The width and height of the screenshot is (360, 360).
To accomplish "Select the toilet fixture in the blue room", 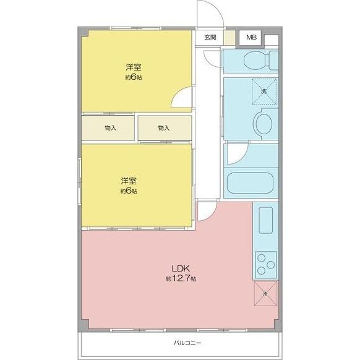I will pyautogui.click(x=254, y=61).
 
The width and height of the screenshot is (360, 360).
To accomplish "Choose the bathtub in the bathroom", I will pyautogui.click(x=252, y=183).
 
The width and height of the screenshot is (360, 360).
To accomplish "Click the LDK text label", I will pyautogui.click(x=180, y=268).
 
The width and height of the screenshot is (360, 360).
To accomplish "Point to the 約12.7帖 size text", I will pyautogui.click(x=180, y=280).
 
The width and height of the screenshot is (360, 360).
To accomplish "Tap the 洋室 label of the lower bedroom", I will pyautogui.click(x=129, y=181).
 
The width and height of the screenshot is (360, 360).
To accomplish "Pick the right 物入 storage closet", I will pyautogui.click(x=164, y=128).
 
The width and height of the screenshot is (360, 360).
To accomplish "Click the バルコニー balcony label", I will pyautogui.click(x=183, y=343).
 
